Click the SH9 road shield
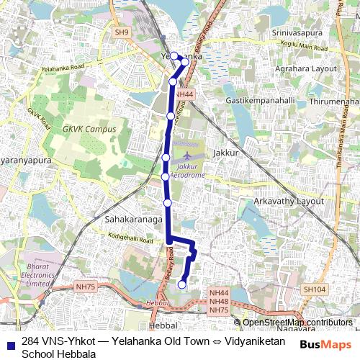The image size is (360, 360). pos(122,32)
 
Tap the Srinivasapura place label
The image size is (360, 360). pos(294,34)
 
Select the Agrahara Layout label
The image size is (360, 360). pos(305,68)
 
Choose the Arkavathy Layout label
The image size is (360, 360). pos(290,201)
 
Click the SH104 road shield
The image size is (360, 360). pos(314,289)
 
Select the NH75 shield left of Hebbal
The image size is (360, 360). pos(85,287)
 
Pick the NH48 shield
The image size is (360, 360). pos(218,301)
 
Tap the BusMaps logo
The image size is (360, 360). pos(325,346)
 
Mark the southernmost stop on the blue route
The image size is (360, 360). pos(182,284)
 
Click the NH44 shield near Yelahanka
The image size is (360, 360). pos(184,94)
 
